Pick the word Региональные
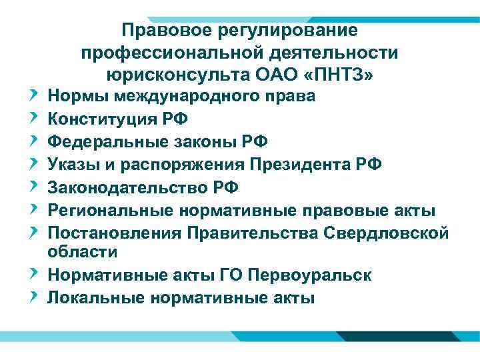109,211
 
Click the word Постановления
114,233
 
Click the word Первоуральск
315,275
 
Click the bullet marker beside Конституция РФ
34,119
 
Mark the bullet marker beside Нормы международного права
34,97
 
